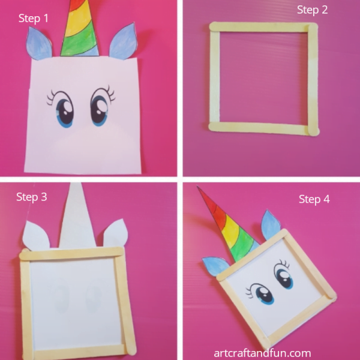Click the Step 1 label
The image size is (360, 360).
point(34,19)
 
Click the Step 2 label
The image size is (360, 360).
point(312,10)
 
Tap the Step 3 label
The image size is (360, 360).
point(31,197)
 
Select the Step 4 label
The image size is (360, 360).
point(314,199)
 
